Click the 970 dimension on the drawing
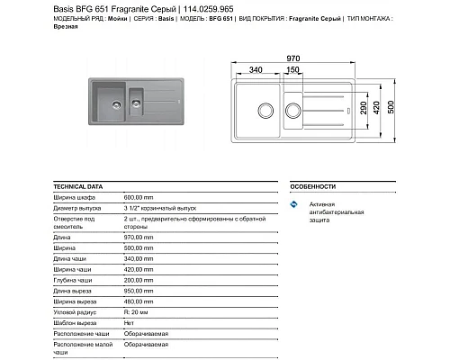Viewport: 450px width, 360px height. click(316, 57)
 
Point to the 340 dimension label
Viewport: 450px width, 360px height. click(256, 70)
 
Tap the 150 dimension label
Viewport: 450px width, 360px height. click(292, 70)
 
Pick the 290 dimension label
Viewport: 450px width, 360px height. click(378, 111)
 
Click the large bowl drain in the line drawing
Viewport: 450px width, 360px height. click(264, 110)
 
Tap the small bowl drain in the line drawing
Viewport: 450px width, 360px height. click(292, 111)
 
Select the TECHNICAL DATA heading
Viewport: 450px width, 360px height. click(78, 186)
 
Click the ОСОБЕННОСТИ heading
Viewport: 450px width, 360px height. click(313, 186)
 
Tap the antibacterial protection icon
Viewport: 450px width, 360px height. click(298, 205)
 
